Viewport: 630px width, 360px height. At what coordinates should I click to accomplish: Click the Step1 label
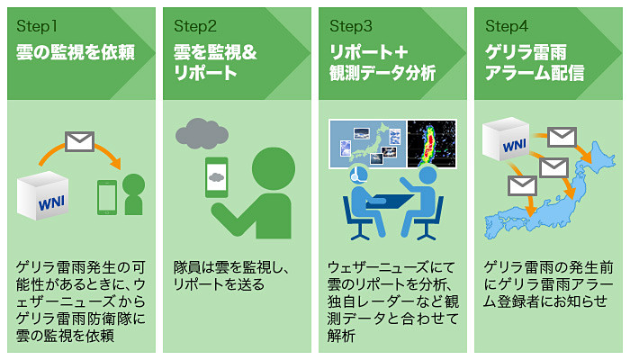(37, 26)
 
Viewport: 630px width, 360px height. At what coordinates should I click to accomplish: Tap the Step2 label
(195, 26)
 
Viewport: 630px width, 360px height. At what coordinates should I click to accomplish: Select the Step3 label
(351, 26)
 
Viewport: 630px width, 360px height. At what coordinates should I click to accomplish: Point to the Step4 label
(507, 26)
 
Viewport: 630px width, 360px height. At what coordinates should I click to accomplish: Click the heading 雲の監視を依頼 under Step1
(76, 52)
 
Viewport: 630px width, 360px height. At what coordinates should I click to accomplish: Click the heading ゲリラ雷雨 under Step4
(526, 52)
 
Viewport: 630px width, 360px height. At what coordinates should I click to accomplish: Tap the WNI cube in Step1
(42, 195)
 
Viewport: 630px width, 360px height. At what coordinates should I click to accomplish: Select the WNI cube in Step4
(507, 139)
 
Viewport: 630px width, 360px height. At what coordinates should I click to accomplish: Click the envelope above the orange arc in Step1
(79, 141)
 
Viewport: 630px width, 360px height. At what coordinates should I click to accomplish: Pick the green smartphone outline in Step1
(107, 197)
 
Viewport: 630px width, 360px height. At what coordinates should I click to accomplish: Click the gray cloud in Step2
(202, 133)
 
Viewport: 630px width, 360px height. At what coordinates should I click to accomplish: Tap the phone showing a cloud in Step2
(217, 177)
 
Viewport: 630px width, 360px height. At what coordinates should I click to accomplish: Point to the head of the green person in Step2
(274, 169)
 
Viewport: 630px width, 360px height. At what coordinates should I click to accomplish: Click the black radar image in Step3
(432, 144)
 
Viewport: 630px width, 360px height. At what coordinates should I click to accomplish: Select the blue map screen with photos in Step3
(367, 144)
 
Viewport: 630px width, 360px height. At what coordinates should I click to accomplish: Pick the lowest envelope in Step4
(523, 186)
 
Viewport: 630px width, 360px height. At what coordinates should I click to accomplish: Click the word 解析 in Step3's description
(341, 336)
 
